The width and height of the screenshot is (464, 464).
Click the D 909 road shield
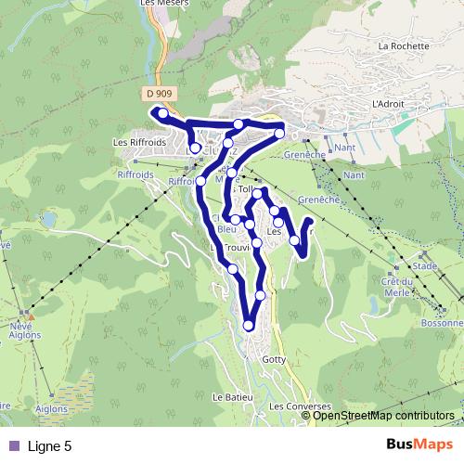click(160, 94)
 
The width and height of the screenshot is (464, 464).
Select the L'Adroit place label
click(387, 104)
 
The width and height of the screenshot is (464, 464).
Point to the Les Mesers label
click(159, 4)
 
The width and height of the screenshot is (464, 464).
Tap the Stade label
click(425, 266)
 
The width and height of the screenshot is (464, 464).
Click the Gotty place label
click(275, 358)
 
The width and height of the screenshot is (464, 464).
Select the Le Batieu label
click(232, 397)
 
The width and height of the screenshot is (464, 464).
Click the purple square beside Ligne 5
click(13, 445)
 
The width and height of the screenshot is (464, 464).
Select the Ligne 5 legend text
click(50, 445)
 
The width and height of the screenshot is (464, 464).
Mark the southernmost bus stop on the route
click(249, 325)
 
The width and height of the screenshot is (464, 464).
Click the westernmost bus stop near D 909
click(162, 114)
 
